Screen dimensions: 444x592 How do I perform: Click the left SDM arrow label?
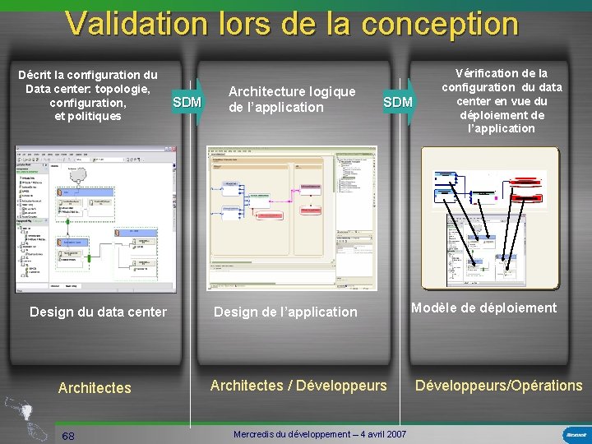coord(187,102)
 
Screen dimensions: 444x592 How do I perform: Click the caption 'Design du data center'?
coord(98,312)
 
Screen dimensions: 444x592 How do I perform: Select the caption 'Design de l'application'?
coord(285,312)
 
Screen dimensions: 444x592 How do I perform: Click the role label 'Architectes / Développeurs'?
coord(298,385)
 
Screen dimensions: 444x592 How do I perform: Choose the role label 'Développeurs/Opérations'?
coord(499,385)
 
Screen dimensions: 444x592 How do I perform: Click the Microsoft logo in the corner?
coord(575,434)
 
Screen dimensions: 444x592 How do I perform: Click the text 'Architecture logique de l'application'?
coord(292,99)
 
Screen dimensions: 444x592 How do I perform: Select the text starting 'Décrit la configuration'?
coord(88,95)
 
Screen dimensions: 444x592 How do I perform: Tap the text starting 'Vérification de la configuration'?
coord(502,100)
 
